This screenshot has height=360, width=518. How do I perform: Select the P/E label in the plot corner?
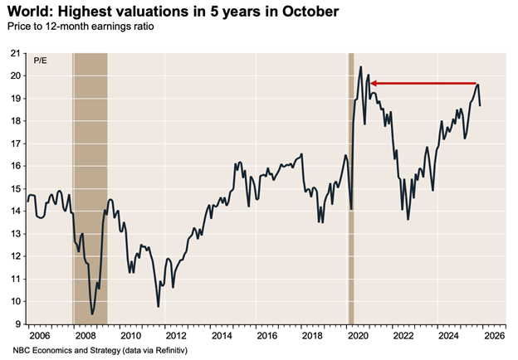(40, 61)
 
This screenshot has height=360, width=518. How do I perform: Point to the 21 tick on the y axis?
(14, 53)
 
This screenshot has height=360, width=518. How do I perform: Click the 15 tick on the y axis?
(14, 188)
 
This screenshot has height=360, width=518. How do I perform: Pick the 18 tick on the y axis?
(14, 121)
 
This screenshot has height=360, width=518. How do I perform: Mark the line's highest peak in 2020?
(360, 66)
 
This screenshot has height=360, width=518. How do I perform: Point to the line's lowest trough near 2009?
(92, 314)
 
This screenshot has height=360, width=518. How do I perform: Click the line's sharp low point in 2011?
(159, 307)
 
